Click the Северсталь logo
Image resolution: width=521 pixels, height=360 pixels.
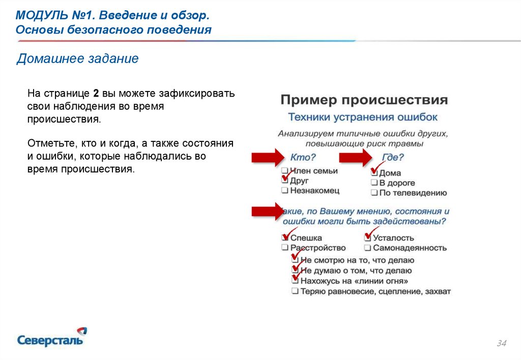51,337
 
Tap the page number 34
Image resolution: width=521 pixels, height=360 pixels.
501,344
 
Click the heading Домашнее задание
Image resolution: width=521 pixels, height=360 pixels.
77,59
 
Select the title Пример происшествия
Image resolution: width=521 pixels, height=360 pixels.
364,99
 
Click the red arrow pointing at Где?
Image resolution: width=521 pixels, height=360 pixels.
356,158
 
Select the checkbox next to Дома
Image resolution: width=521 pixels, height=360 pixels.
374,173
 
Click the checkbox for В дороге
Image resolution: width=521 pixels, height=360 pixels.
374,183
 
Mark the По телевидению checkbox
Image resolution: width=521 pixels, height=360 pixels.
374,193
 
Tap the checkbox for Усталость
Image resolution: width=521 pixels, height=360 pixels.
367,237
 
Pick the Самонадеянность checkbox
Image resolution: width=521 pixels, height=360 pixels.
367,248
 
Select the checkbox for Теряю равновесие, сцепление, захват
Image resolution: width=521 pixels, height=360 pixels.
295,291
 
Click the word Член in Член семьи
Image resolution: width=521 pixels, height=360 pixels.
300,171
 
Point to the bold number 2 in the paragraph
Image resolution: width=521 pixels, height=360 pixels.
96,94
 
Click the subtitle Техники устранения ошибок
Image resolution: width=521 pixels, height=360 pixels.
363,117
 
